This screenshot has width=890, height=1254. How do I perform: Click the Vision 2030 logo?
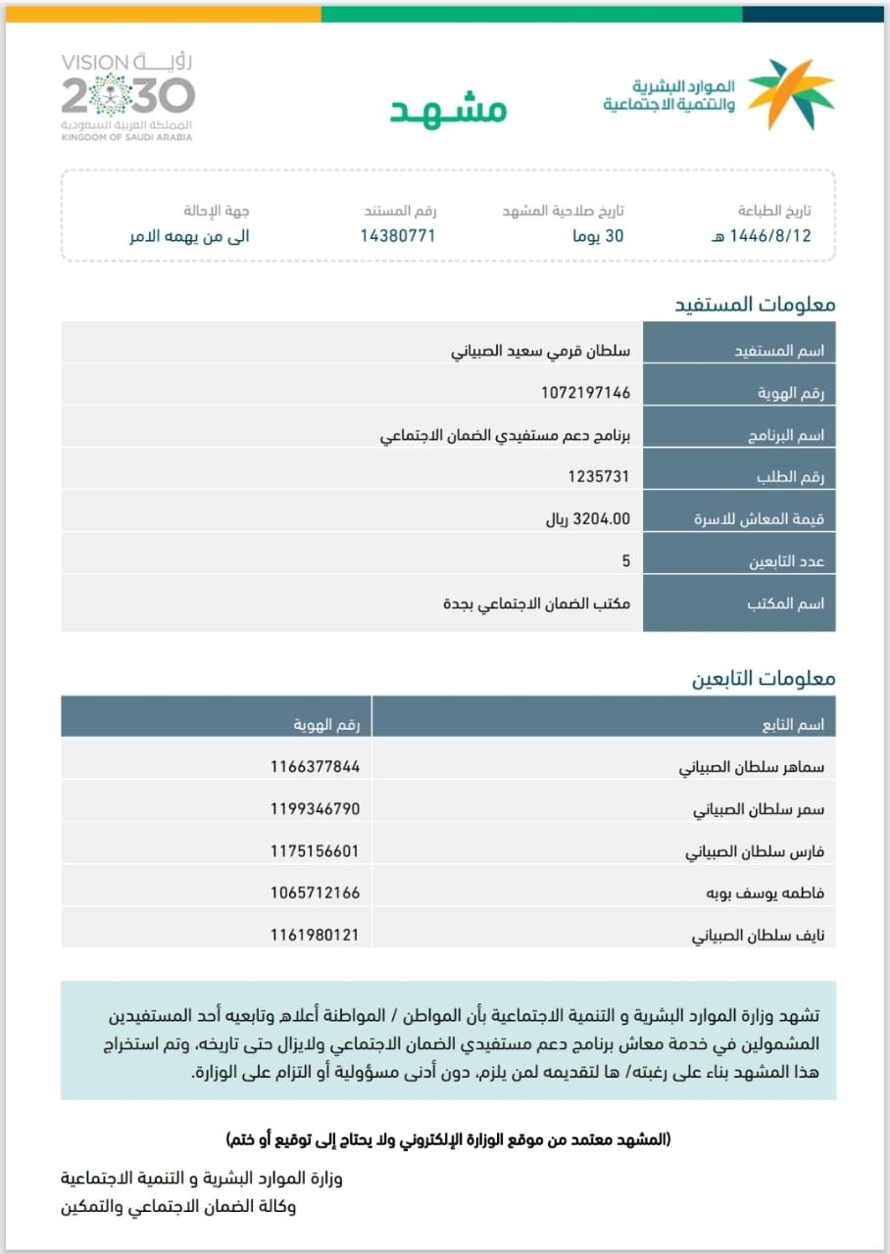(127, 97)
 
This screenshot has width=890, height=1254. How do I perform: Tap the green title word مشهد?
(449, 110)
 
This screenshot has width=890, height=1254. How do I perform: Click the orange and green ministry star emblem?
(791, 94)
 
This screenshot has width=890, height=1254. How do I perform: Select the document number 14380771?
(398, 236)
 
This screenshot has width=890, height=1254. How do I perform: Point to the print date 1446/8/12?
(760, 236)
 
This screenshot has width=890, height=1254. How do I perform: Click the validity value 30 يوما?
(599, 236)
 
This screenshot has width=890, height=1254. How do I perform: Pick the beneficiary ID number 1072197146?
(585, 393)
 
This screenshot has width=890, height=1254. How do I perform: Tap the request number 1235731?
(599, 476)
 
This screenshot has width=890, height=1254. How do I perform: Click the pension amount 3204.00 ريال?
(588, 518)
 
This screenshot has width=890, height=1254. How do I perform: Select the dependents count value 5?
(625, 561)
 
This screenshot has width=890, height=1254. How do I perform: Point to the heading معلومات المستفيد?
(755, 304)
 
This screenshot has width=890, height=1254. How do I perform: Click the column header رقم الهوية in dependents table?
(327, 725)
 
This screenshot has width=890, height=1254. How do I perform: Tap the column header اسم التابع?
(793, 725)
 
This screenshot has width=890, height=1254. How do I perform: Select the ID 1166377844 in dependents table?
(315, 767)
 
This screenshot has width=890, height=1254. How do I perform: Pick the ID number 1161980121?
(315, 936)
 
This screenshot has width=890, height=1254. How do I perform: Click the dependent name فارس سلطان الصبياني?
(755, 851)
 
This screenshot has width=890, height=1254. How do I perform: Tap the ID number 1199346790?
(315, 809)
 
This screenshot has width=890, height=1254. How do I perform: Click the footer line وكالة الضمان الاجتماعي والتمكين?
(177, 1206)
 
